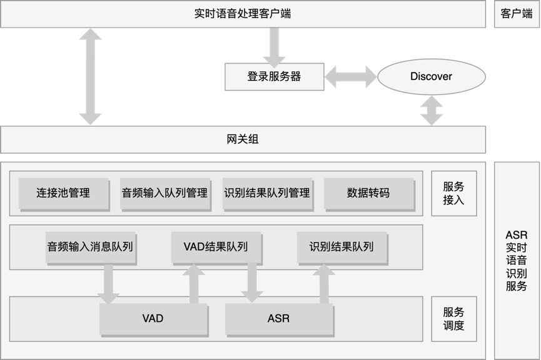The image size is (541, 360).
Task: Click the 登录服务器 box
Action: tap(274, 76)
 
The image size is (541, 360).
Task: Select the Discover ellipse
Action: tap(431, 76)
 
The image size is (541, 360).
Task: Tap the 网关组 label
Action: tap(243, 139)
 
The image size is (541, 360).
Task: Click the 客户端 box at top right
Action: tap(517, 14)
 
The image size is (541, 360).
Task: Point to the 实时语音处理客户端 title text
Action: tap(243, 14)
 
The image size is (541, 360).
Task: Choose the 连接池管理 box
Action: tap(63, 193)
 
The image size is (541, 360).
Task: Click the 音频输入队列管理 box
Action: tap(164, 193)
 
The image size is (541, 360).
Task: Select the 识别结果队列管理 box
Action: tap(266, 193)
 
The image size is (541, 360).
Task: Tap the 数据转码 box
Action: tap(368, 193)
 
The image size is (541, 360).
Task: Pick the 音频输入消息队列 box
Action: tap(90, 247)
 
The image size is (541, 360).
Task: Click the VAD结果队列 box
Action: tap(216, 247)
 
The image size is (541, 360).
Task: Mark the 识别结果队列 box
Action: tap(341, 247)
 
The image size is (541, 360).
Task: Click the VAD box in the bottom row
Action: tap(153, 319)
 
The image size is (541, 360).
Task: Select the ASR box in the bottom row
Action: tap(278, 319)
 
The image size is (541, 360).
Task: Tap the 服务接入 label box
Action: tap(453, 193)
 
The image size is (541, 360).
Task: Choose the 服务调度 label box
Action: tap(453, 319)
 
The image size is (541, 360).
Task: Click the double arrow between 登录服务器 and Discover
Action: tap(350, 76)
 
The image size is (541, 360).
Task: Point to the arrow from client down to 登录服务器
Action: tap(274, 46)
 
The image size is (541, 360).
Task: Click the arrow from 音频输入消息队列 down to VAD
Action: tap(108, 284)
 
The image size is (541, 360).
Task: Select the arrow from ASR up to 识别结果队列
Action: tap(323, 284)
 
